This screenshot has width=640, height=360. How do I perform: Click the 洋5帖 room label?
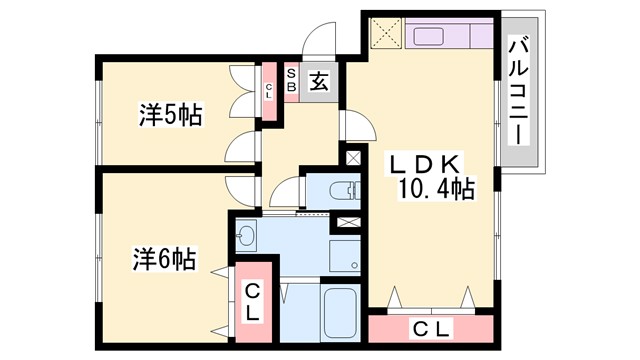click(169, 115)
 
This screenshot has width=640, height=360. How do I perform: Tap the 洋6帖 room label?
click(162, 260)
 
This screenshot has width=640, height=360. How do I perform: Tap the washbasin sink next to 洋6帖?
click(246, 237)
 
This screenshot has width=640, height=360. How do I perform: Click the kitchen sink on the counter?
click(435, 35)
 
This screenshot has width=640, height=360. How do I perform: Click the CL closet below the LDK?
click(430, 328)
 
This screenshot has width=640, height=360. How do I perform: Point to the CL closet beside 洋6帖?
click(253, 301)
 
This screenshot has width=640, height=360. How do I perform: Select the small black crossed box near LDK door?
click(352, 158)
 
